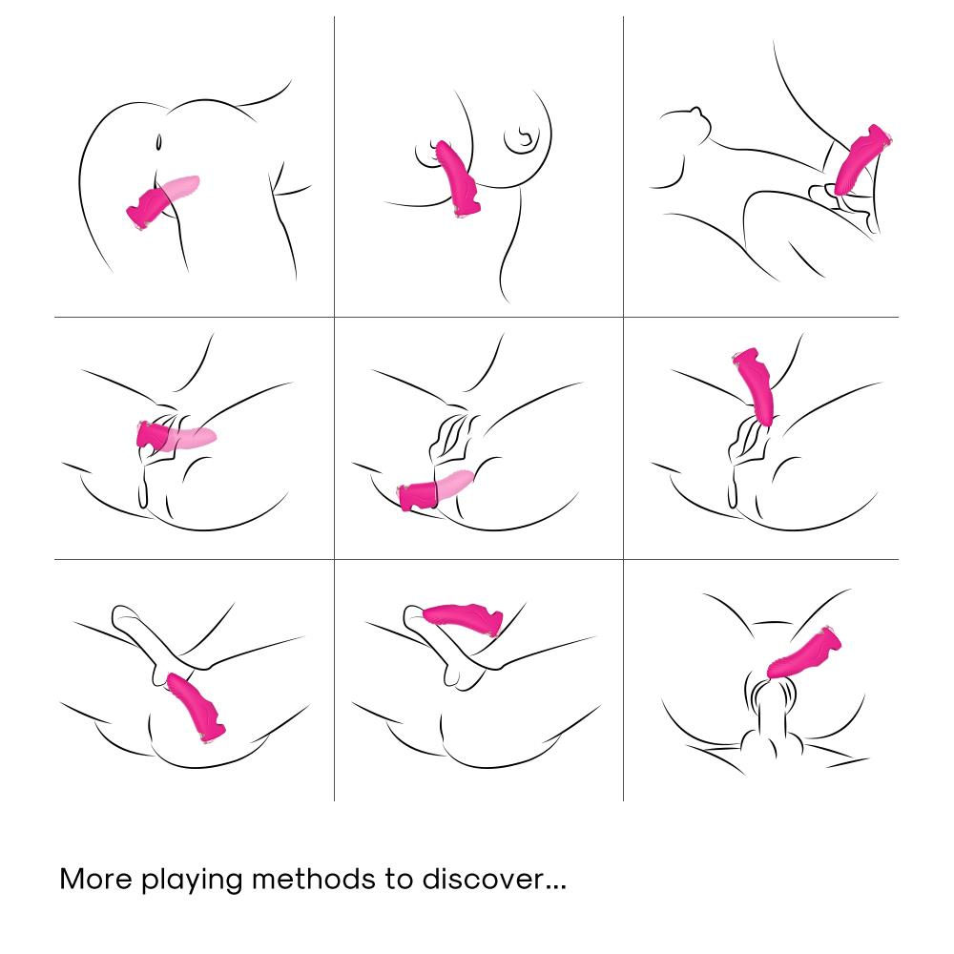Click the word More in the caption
[95, 879]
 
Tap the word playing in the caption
[193, 881]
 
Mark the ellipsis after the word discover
[555, 888]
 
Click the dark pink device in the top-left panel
[147, 207]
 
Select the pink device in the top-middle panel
[456, 178]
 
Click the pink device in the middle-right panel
[756, 386]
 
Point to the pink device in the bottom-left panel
[194, 707]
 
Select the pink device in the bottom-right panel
[804, 653]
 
